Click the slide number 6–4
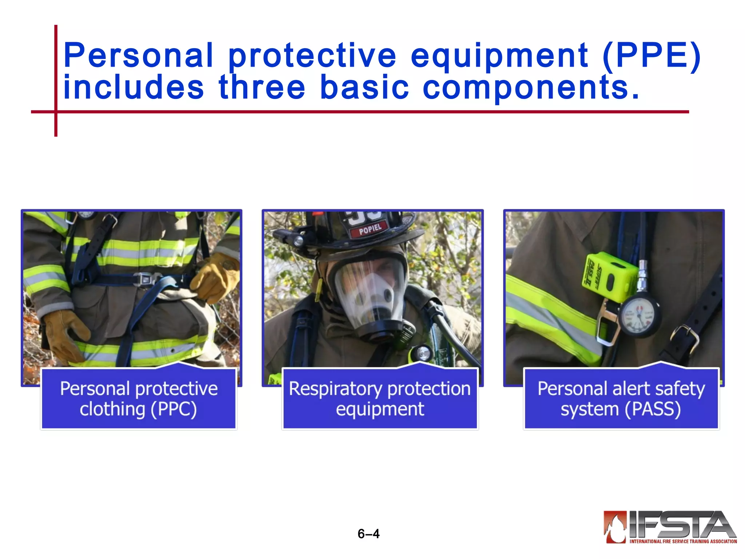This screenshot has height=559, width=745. coord(368,534)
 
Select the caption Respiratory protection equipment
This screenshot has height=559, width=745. coord(380,399)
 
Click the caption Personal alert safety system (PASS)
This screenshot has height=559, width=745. coord(621,399)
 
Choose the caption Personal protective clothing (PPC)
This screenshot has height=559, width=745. coord(139,399)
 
